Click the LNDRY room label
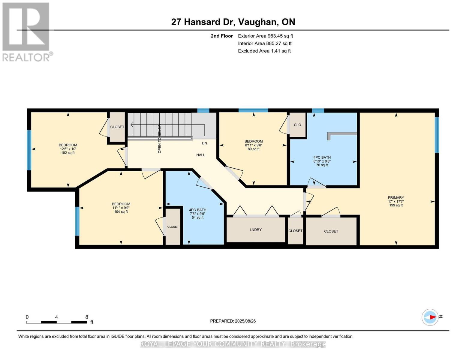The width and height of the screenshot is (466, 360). (x=256, y=230)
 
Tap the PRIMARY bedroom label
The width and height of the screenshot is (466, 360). (x=396, y=198)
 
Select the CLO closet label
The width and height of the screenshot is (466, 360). (x=297, y=125)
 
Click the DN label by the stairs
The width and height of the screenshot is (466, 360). (x=204, y=143)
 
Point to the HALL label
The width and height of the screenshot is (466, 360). (x=201, y=155)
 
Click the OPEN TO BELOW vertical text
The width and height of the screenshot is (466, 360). (x=160, y=139)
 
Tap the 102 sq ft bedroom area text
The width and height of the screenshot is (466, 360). (x=68, y=153)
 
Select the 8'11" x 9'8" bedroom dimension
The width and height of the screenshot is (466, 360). (x=254, y=145)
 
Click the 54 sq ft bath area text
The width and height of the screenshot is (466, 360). (x=198, y=217)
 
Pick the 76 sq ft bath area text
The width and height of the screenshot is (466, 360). (x=322, y=165)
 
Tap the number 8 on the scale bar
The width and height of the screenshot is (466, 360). (x=87, y=317)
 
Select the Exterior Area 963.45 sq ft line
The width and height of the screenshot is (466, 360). (x=265, y=36)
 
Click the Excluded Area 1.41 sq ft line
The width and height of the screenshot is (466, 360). (x=264, y=51)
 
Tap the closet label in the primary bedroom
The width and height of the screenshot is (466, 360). (x=331, y=231)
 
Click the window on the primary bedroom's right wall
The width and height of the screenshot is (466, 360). (x=437, y=135)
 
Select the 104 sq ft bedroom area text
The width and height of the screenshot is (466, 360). (x=121, y=212)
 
